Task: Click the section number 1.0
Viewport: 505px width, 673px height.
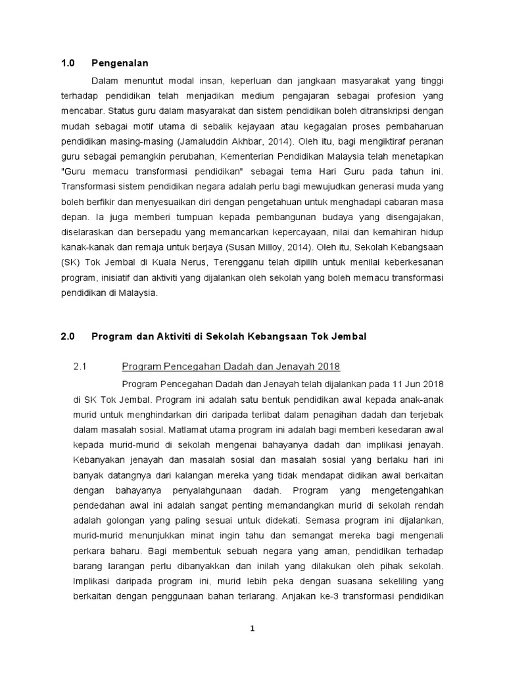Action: [x=68, y=63]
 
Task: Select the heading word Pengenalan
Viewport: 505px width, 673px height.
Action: [x=120, y=63]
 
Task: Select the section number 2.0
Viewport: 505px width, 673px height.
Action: [x=68, y=336]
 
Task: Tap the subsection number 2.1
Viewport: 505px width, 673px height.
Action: [x=80, y=367]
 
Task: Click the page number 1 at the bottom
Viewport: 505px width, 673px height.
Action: [x=252, y=629]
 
